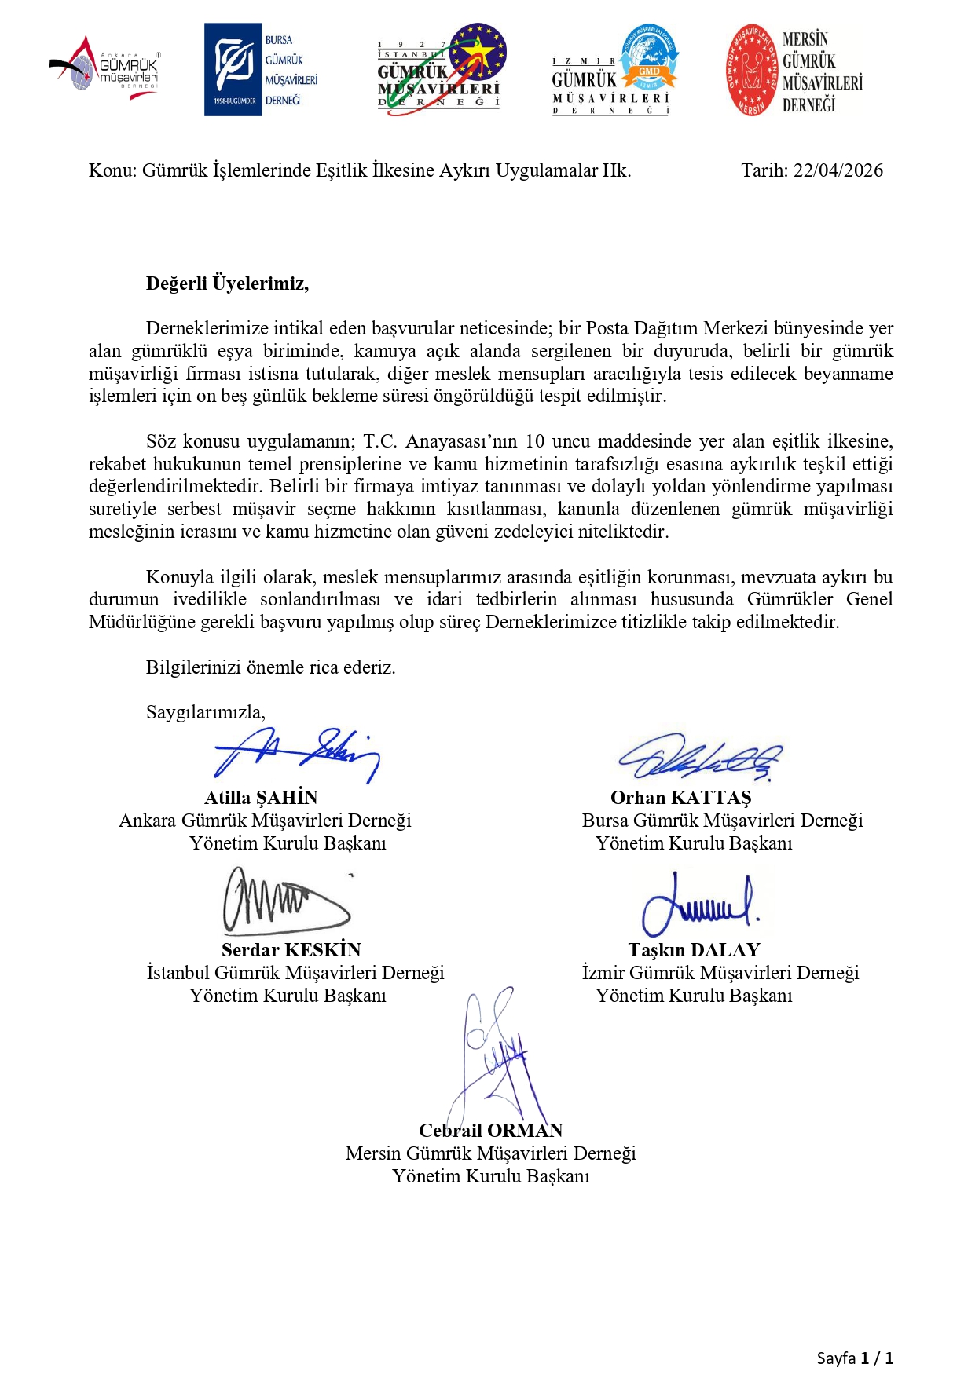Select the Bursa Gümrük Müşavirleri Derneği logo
(262, 70)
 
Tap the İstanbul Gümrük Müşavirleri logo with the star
(441, 70)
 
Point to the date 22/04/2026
(838, 170)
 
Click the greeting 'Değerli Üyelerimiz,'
(227, 283)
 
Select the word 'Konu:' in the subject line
(112, 170)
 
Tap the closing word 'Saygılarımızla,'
(206, 712)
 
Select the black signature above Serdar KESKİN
(284, 901)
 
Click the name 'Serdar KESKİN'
(291, 950)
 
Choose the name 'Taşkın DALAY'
(694, 950)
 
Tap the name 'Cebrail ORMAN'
(490, 1131)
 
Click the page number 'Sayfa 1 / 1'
(854, 1358)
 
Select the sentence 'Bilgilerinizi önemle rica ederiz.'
(270, 667)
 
